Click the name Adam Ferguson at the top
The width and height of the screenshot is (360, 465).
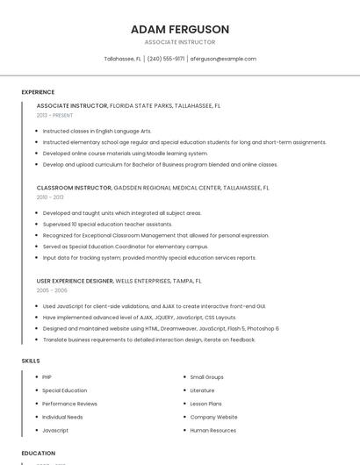(x=180, y=29)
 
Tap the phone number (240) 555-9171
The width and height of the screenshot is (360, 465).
(x=166, y=59)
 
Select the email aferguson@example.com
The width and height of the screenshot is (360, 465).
(x=223, y=59)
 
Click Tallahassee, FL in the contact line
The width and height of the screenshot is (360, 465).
(x=123, y=59)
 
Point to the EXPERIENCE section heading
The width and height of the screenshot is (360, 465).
(x=38, y=92)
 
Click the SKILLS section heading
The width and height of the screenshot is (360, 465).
(x=31, y=361)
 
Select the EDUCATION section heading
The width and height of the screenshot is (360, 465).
(x=39, y=453)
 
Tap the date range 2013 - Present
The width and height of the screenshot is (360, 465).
(x=54, y=115)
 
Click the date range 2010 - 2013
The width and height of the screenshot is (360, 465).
(x=50, y=197)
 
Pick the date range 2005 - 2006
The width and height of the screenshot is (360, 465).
(x=52, y=290)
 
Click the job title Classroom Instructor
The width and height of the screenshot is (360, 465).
(x=74, y=188)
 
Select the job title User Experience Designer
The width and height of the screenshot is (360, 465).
(x=75, y=281)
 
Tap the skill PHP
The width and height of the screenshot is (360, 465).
(x=47, y=377)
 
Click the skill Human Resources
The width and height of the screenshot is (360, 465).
(x=213, y=431)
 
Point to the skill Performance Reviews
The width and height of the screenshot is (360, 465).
(x=69, y=404)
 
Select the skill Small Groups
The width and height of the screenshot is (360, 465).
(x=207, y=377)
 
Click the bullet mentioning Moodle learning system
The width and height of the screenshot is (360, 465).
(x=125, y=153)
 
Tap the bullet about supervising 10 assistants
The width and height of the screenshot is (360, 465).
(x=107, y=224)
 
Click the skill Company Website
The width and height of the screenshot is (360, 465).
(x=214, y=418)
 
